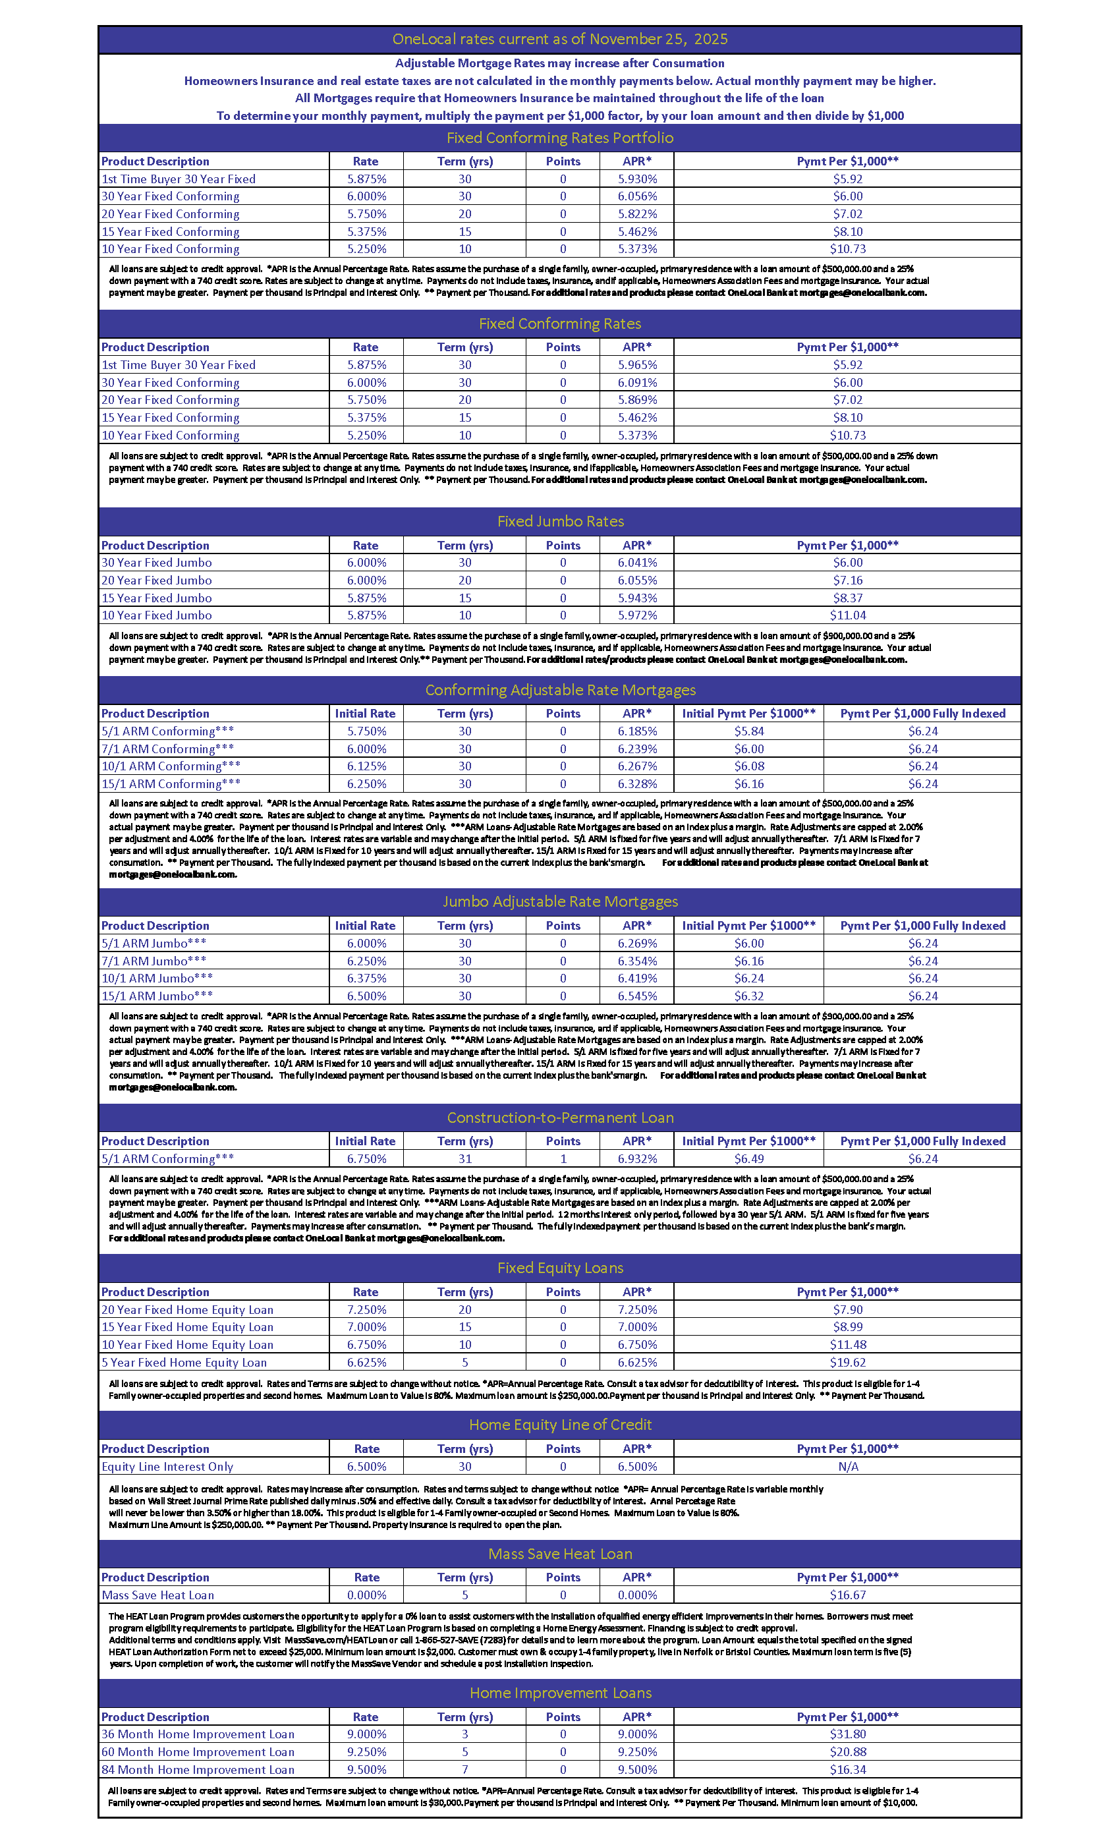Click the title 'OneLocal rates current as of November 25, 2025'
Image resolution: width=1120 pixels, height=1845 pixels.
tap(559, 39)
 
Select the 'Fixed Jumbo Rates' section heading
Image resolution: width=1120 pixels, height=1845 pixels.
tap(560, 521)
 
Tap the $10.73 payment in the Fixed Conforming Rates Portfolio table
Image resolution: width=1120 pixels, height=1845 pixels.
tap(847, 248)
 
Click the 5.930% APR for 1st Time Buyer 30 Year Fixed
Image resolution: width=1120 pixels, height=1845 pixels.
tap(637, 179)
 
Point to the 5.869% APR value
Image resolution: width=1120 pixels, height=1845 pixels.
tap(637, 400)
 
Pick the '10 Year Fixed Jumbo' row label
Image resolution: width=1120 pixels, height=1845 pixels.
tap(157, 615)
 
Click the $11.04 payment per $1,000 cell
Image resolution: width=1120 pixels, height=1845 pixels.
tap(847, 615)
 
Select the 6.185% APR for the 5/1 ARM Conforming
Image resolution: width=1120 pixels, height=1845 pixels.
tap(637, 731)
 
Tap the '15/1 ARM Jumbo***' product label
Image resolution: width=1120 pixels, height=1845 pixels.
tap(157, 996)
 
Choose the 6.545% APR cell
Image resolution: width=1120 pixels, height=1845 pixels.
tap(637, 996)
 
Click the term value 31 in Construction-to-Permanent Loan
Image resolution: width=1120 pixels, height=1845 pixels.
tap(465, 1158)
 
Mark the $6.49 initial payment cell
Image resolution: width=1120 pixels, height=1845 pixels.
tap(748, 1158)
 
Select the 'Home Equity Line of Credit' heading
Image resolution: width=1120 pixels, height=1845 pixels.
tap(560, 1424)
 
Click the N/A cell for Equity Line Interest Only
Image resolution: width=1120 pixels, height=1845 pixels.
tap(847, 1466)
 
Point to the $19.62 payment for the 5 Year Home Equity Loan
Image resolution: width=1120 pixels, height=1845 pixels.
tap(847, 1362)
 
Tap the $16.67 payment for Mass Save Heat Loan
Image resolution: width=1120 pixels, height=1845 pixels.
tap(847, 1595)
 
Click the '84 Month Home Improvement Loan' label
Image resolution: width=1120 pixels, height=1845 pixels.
tap(198, 1769)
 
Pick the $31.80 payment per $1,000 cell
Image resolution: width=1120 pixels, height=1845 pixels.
tap(847, 1734)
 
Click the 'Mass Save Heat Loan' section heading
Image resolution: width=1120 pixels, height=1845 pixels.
tap(560, 1554)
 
